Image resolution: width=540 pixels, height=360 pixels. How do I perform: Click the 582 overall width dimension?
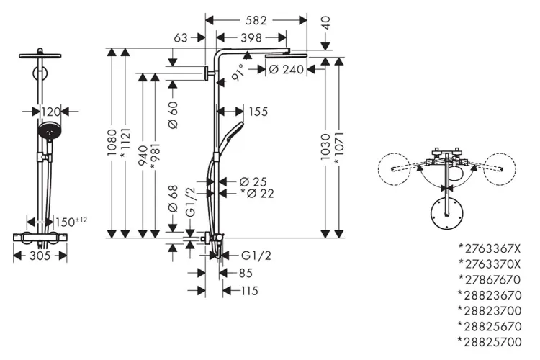pos(256,21)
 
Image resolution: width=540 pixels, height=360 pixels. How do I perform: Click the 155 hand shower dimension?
pos(257,112)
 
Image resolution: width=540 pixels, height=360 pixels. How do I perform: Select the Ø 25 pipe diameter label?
pos(253,180)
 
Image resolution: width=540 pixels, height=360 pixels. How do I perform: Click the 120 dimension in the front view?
pos(50,112)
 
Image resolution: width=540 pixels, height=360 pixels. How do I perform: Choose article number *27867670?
pos(489,279)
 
